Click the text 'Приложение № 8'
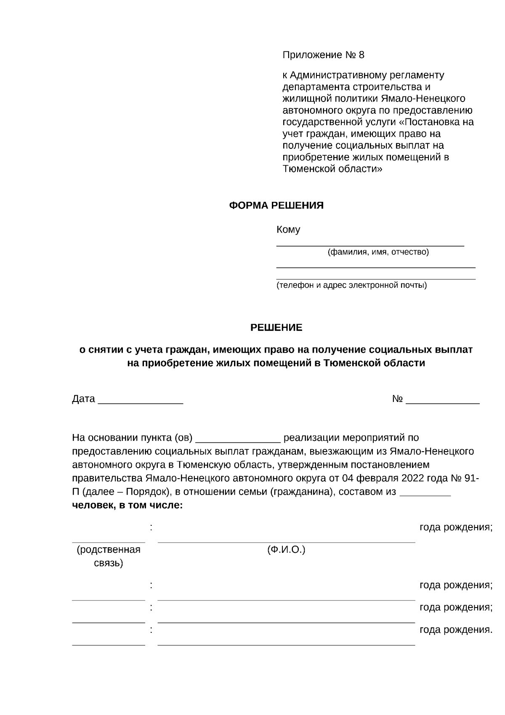pos(323,55)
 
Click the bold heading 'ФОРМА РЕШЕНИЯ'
pos(276,206)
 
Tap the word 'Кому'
pos(288,230)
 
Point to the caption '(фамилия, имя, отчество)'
pos(378,252)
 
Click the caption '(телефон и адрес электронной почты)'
pos(351,286)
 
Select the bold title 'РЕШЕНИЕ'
pos(276,328)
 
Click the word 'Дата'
pos(83,399)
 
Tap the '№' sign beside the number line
pos(398,399)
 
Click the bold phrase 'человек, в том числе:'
pos(128,505)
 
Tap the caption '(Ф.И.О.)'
pos(286,550)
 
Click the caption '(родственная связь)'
pos(108,556)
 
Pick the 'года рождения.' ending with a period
pos(456,630)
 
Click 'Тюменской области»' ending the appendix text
pos(332,169)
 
